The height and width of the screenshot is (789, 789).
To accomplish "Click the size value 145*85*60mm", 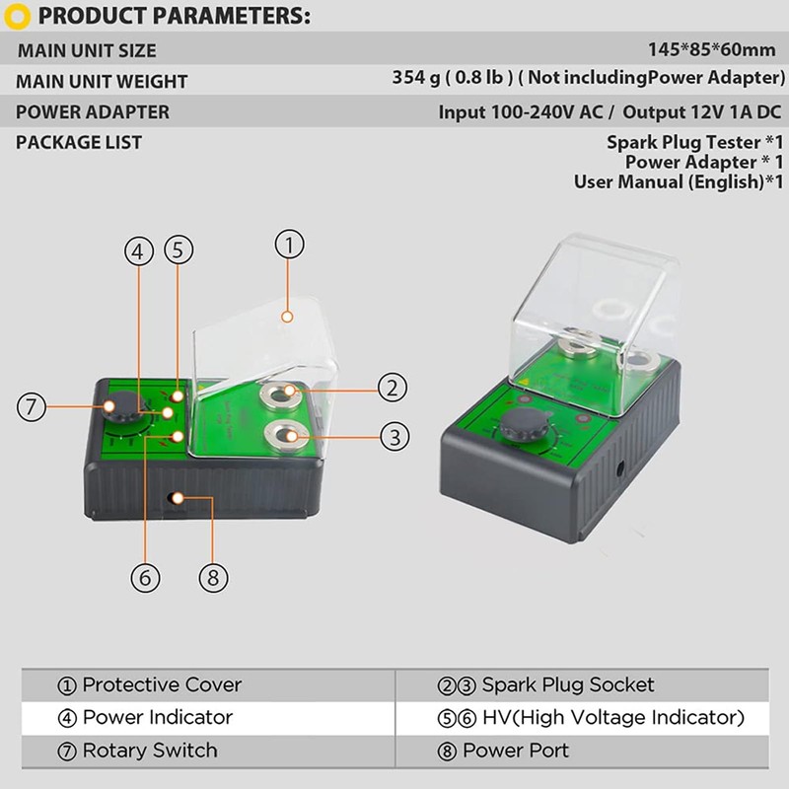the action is tap(711, 50).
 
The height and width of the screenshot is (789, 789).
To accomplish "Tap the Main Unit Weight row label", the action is tap(102, 82).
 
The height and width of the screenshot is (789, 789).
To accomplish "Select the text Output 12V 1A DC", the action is tap(702, 111).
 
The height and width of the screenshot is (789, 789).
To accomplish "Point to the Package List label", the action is tap(79, 142).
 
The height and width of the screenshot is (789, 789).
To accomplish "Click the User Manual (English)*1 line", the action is tap(679, 181).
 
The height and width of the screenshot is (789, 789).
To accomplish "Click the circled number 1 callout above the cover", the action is tap(289, 245).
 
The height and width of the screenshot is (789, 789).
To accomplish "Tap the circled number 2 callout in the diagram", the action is tap(392, 388).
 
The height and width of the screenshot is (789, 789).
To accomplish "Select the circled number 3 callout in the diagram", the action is tap(394, 436).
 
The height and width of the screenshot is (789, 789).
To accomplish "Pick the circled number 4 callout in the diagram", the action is tap(139, 251).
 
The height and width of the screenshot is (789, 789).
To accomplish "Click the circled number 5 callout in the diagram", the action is tap(179, 251).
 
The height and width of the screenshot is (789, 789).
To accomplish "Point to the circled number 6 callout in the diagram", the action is tap(145, 577).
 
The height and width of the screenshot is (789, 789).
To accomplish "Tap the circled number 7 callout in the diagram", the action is tap(32, 406).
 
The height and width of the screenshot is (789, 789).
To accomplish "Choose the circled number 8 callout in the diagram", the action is tap(213, 577).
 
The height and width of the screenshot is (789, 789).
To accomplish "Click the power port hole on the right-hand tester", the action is tap(620, 469).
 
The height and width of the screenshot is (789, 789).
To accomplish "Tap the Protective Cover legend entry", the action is tap(150, 684).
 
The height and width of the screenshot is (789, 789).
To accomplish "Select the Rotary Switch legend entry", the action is tap(137, 751).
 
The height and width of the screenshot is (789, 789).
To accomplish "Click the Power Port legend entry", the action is tap(503, 751).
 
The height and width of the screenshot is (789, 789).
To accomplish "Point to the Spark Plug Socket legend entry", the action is tap(546, 685).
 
